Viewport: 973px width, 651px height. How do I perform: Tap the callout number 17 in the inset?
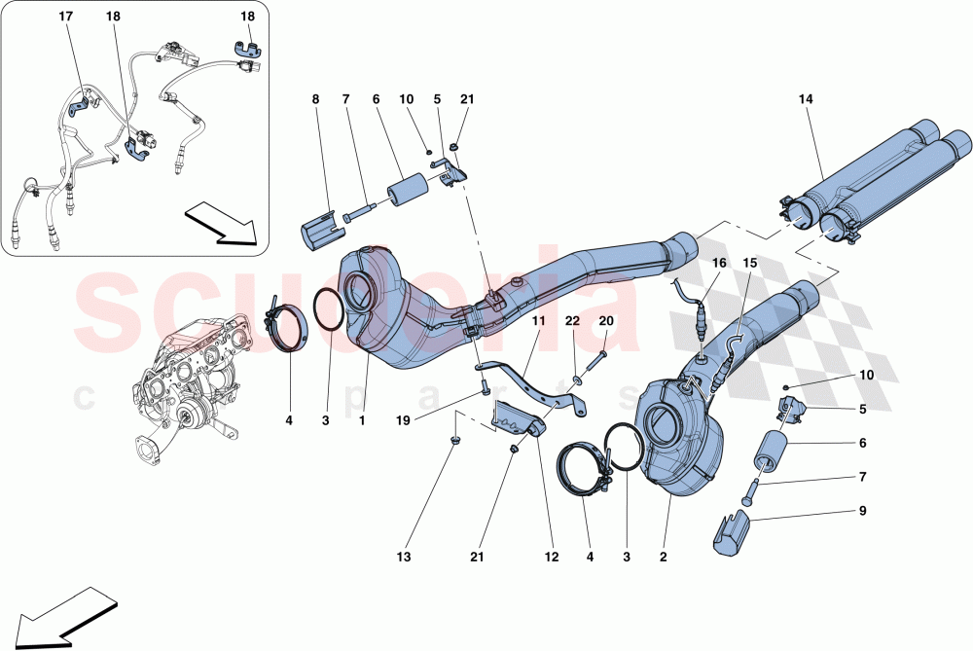pyautogui.click(x=66, y=18)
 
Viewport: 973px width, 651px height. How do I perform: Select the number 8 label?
pyautogui.click(x=315, y=99)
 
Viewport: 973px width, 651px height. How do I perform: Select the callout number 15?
pyautogui.click(x=750, y=263)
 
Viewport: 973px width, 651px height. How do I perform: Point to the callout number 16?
pyautogui.click(x=718, y=263)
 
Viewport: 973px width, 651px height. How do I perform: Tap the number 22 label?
pyautogui.click(x=574, y=320)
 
